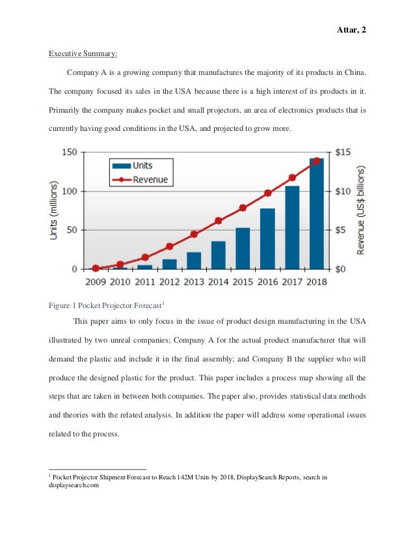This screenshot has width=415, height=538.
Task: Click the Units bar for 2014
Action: point(219,255)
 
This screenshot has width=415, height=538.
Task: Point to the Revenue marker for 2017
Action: point(292,177)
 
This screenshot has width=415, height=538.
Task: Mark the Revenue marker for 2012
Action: point(169,246)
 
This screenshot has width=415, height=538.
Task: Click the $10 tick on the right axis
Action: point(345,191)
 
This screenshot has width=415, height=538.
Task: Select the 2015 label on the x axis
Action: point(243,282)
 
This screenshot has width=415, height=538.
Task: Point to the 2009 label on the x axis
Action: point(96,282)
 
